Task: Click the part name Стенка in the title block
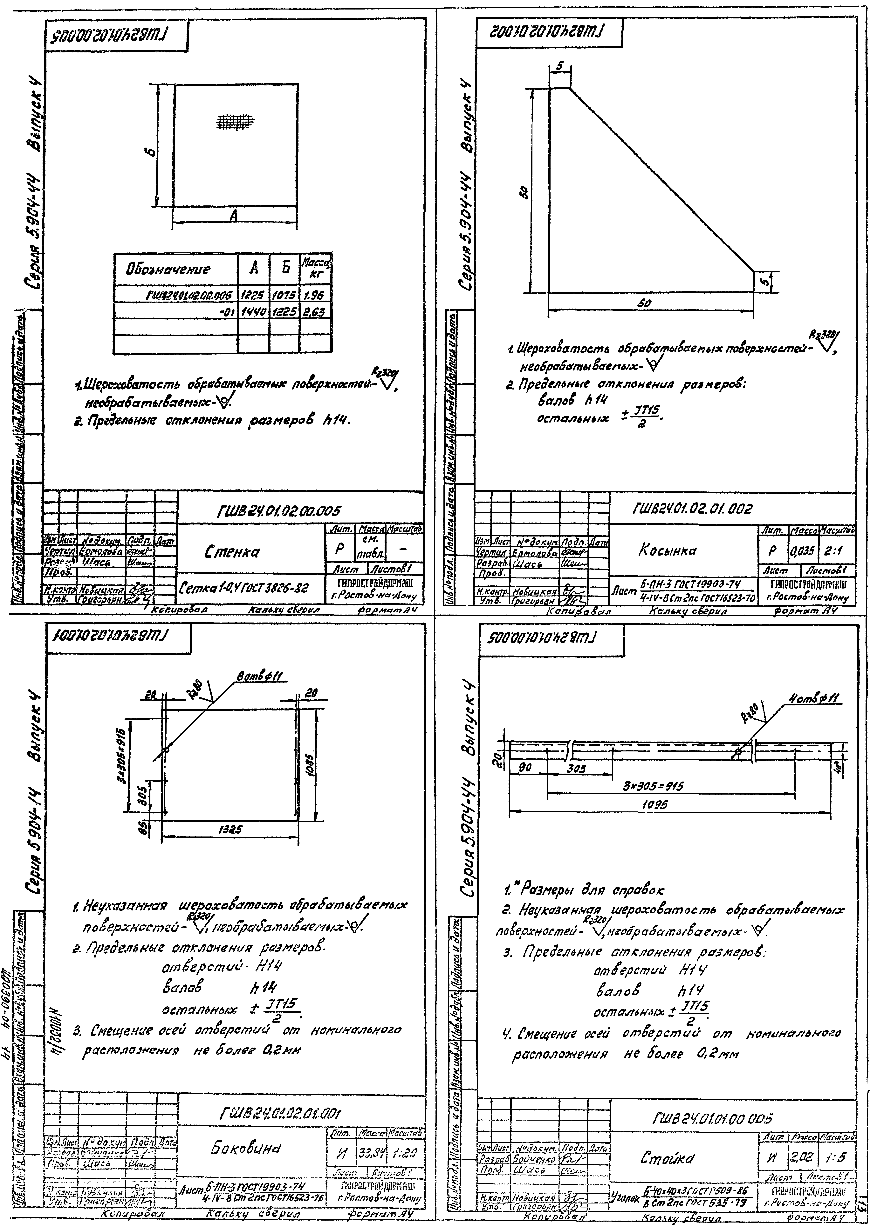232,552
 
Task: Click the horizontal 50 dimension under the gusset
645,304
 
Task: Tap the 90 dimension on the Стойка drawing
525,767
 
